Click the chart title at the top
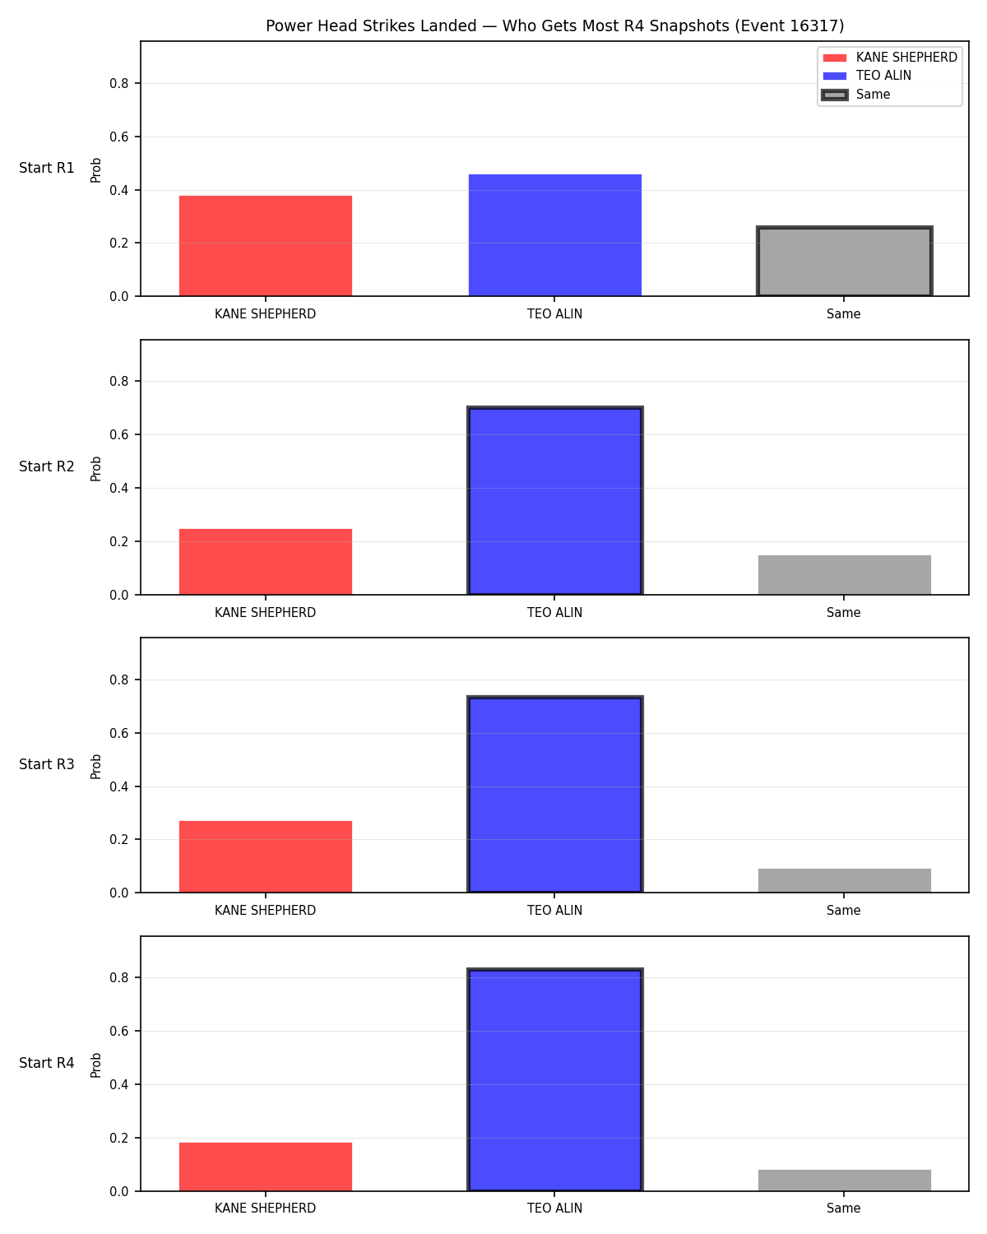click(x=554, y=26)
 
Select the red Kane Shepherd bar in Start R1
click(x=266, y=246)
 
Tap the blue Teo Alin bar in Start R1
click(x=554, y=235)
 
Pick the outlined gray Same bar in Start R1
click(x=844, y=262)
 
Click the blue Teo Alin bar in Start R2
click(x=554, y=501)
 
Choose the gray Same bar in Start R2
click(x=844, y=574)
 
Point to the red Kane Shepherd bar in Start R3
click(x=266, y=856)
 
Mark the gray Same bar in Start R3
click(x=844, y=880)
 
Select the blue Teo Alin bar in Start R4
click(x=554, y=1079)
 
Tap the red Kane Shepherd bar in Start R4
click(x=266, y=1167)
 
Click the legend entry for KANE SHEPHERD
click(x=889, y=58)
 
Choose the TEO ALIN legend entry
click(x=867, y=76)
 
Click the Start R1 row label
click(x=46, y=168)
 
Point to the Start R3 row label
click(x=46, y=764)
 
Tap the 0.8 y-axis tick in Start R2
click(x=119, y=382)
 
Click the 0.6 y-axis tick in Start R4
click(x=119, y=1031)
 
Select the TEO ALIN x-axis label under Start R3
click(x=554, y=911)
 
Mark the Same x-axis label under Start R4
click(x=844, y=1208)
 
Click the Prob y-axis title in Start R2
click(x=95, y=468)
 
